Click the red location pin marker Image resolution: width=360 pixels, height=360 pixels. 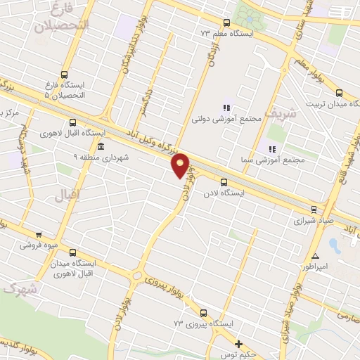point(181,165)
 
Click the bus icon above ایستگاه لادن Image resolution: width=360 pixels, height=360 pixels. point(224,182)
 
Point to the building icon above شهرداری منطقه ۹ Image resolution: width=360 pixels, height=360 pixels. point(101,147)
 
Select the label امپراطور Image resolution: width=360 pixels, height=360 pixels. point(316,267)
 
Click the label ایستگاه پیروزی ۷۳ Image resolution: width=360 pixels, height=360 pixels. point(203,324)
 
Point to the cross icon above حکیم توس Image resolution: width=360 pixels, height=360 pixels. point(239,345)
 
